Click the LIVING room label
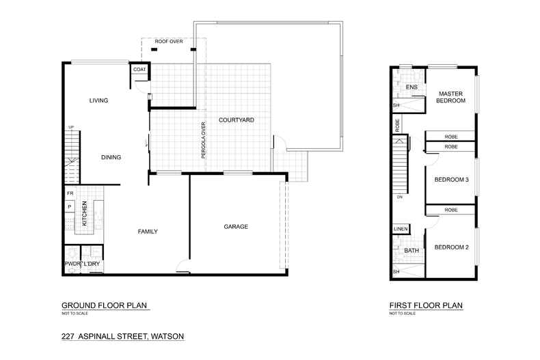(x=98, y=100)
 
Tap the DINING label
(x=111, y=157)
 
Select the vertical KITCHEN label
(x=85, y=214)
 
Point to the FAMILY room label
(x=148, y=232)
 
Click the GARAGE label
(x=235, y=226)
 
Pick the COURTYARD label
(x=236, y=120)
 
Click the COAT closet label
(x=139, y=70)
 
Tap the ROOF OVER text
(x=168, y=42)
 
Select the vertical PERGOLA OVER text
(x=203, y=140)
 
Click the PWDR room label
(x=72, y=264)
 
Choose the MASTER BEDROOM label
(x=451, y=96)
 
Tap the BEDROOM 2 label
(x=451, y=247)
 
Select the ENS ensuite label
(x=411, y=87)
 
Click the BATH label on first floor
(x=411, y=251)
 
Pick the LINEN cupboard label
(x=401, y=229)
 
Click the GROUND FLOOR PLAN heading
(x=104, y=305)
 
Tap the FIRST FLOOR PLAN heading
(x=425, y=305)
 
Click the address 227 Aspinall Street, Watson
(x=122, y=336)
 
